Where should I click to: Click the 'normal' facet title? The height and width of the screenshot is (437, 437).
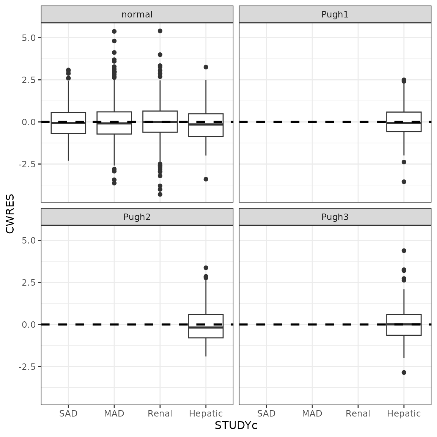137,14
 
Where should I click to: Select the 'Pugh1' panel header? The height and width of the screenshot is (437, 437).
335,14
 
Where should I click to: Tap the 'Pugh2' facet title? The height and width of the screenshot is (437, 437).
137,217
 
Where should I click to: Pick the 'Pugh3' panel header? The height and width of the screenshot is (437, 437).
335,217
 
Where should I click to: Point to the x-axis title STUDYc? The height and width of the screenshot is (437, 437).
236,426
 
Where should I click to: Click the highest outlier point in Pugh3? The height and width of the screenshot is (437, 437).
404,251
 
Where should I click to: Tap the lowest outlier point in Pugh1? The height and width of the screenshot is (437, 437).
404,182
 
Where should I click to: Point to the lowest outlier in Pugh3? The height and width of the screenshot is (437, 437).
404,373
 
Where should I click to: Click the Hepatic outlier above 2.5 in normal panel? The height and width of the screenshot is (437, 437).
206,67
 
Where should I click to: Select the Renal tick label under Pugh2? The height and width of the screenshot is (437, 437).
160,413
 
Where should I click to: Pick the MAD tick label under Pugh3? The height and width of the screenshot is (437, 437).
312,413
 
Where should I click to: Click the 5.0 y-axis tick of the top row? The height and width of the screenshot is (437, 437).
29,38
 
